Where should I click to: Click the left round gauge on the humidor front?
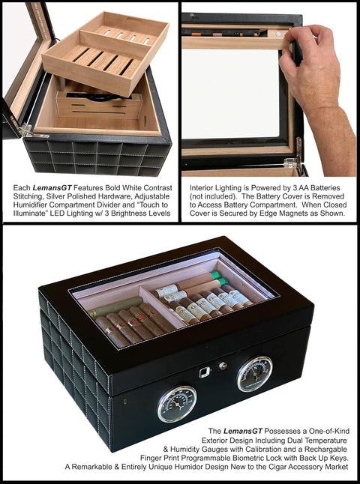tap(177, 404)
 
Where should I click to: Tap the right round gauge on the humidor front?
tap(255, 374)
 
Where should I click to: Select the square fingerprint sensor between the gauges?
tap(204, 372)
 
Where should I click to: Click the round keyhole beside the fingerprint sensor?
tap(223, 366)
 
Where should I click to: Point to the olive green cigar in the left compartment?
tap(116, 307)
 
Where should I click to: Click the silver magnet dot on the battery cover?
tap(278, 34)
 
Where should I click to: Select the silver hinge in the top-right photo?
tap(295, 156)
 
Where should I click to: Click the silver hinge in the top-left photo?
tap(28, 130)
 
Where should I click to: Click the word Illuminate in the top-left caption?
tap(27, 214)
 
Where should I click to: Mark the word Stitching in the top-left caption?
tap(26, 196)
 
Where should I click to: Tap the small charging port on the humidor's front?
tap(124, 402)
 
